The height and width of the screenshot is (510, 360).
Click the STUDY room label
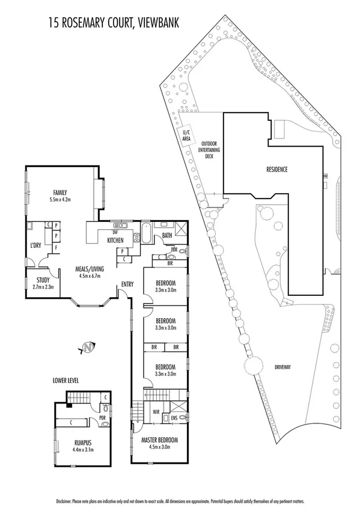tap(43, 280)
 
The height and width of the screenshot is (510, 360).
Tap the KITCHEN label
tap(115, 241)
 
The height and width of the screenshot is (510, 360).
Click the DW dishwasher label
tap(114, 232)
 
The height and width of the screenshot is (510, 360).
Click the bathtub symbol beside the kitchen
tap(145, 232)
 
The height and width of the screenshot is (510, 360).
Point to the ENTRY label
tap(127, 284)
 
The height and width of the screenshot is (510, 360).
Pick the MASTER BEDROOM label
tap(160, 440)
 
